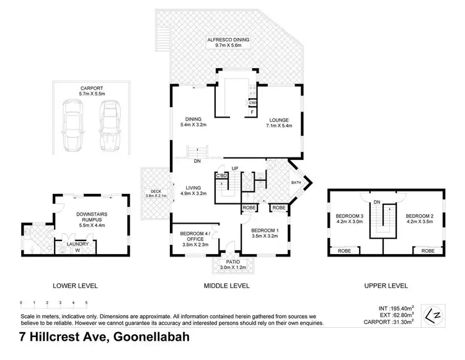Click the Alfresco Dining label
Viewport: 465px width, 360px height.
click(227, 42)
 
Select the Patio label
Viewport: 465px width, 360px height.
click(229, 265)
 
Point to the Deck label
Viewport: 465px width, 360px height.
click(152, 193)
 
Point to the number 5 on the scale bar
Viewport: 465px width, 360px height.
click(86, 303)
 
